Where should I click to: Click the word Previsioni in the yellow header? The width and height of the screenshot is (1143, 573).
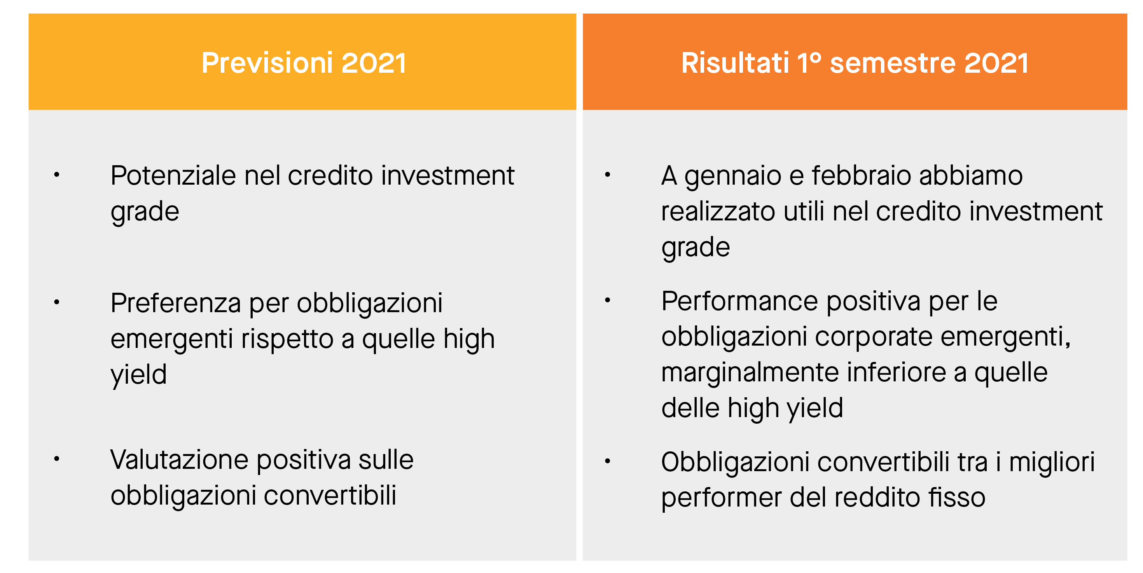click(x=267, y=63)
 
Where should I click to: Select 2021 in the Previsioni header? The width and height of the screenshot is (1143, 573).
click(x=374, y=63)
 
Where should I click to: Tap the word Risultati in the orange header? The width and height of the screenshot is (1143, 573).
click(x=735, y=63)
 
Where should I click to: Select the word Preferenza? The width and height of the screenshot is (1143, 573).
click(x=176, y=303)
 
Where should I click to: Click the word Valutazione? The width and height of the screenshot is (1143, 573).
click(x=179, y=459)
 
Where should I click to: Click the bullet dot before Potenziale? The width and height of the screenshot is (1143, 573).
click(x=56, y=175)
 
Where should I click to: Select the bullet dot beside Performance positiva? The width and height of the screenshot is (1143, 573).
click(x=607, y=301)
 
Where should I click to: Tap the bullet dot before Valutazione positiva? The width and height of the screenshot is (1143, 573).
click(x=56, y=459)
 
